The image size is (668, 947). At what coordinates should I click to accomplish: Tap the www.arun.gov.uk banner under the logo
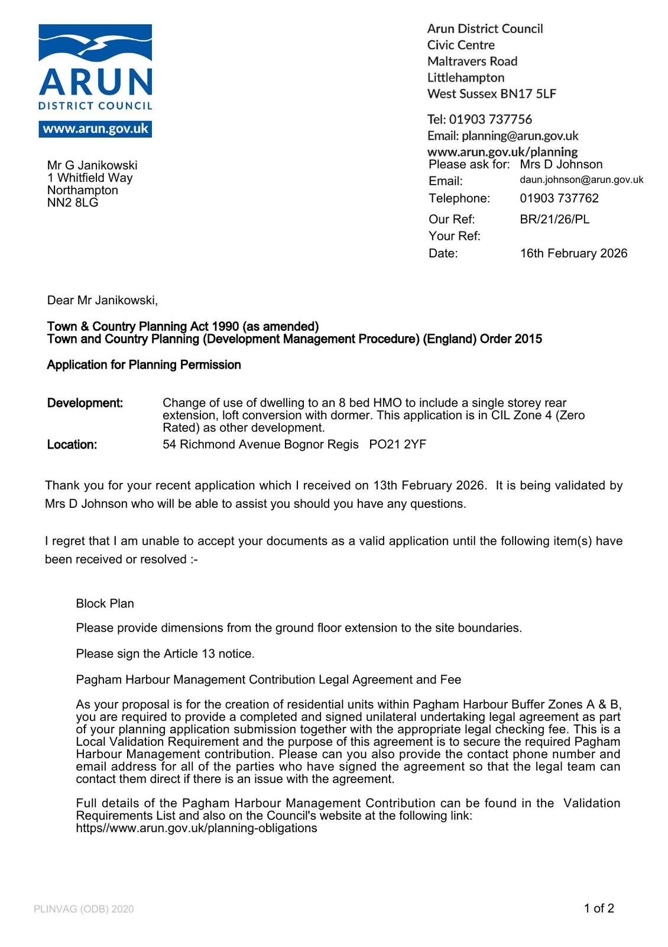tap(95, 129)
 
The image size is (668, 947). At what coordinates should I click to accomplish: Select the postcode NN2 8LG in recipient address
tap(73, 203)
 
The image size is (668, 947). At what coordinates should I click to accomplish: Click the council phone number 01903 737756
tap(490, 120)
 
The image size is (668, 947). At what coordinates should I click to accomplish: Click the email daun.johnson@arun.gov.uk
tap(581, 180)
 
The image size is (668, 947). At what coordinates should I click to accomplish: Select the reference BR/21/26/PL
tap(554, 220)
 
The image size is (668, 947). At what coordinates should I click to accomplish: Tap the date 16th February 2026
tap(573, 253)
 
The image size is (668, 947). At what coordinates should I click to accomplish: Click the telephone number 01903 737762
tap(559, 198)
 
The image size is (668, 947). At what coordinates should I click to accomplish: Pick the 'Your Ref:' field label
tap(454, 236)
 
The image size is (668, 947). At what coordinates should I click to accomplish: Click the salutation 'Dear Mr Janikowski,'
tap(102, 301)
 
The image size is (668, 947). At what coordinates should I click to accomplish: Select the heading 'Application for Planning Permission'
tap(144, 365)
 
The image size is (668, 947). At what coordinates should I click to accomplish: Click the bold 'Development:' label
tap(85, 404)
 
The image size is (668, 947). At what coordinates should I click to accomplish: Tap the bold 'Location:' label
tap(72, 445)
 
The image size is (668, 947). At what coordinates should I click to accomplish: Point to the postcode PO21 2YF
tap(397, 444)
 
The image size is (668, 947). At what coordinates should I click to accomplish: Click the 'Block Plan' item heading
tap(105, 604)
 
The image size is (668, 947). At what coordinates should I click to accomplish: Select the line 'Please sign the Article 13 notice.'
tap(165, 654)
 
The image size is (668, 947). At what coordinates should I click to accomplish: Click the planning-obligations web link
tap(196, 829)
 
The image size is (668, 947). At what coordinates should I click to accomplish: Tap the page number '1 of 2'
tap(599, 909)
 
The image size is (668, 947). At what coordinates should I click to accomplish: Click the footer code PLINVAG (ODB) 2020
tap(84, 909)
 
